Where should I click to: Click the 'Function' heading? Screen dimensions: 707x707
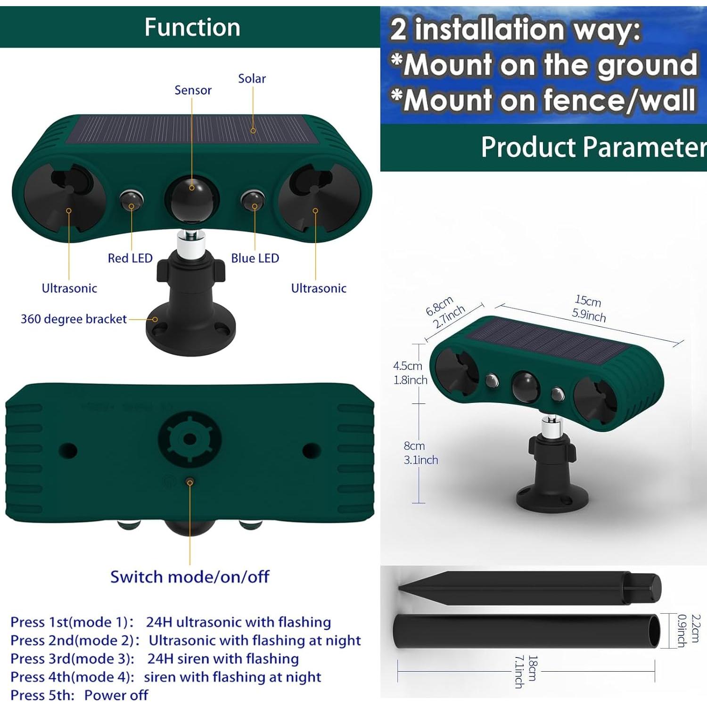click(192, 27)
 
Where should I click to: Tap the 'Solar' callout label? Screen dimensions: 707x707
click(252, 79)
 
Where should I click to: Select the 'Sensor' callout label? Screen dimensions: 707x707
click(193, 90)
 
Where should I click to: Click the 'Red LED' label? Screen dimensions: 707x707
click(130, 258)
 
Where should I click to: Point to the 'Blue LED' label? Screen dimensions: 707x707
click(255, 258)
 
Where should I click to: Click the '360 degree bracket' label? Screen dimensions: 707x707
click(74, 319)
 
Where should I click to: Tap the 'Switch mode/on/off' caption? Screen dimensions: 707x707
click(189, 576)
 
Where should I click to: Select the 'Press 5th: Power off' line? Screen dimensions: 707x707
click(79, 695)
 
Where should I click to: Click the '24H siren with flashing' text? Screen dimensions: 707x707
click(223, 658)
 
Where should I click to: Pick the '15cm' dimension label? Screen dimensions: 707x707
click(588, 300)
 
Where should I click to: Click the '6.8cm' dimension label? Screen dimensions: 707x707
click(439, 306)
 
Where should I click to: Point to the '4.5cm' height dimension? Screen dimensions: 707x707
click(408, 366)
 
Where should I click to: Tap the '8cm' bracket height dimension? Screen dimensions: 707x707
click(414, 446)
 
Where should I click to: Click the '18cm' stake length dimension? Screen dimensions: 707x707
click(532, 668)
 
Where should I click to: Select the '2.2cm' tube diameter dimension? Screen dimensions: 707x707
click(695, 628)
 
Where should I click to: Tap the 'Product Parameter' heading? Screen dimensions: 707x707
click(593, 147)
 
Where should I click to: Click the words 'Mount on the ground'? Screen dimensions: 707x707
click(551, 65)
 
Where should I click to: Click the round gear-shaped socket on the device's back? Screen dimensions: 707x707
click(189, 439)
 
